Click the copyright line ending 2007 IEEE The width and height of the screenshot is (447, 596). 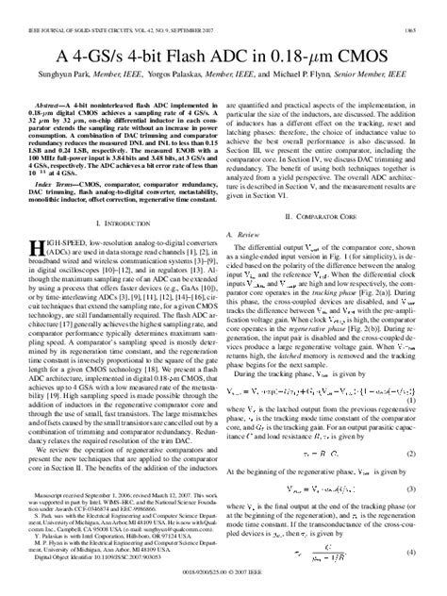[223, 586]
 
